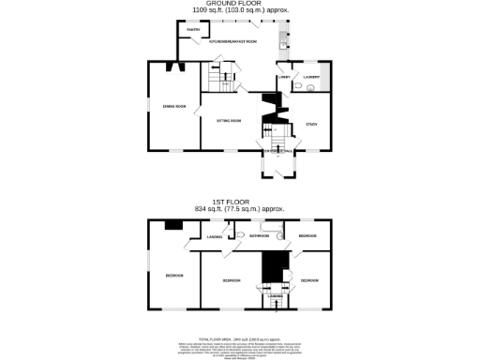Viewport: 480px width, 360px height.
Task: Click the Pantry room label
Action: [x=192, y=30]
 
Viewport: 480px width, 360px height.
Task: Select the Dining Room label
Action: [x=173, y=107]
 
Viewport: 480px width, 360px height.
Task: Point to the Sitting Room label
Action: [x=230, y=121]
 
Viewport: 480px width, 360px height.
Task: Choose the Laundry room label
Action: [x=312, y=77]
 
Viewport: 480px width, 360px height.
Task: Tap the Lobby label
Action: [x=283, y=77]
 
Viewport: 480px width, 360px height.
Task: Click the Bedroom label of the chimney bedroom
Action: [x=174, y=275]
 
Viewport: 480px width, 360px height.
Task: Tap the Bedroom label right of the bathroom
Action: [x=307, y=235]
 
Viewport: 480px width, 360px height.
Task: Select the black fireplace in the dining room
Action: [x=170, y=66]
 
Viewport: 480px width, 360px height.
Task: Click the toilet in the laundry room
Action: [x=296, y=87]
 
